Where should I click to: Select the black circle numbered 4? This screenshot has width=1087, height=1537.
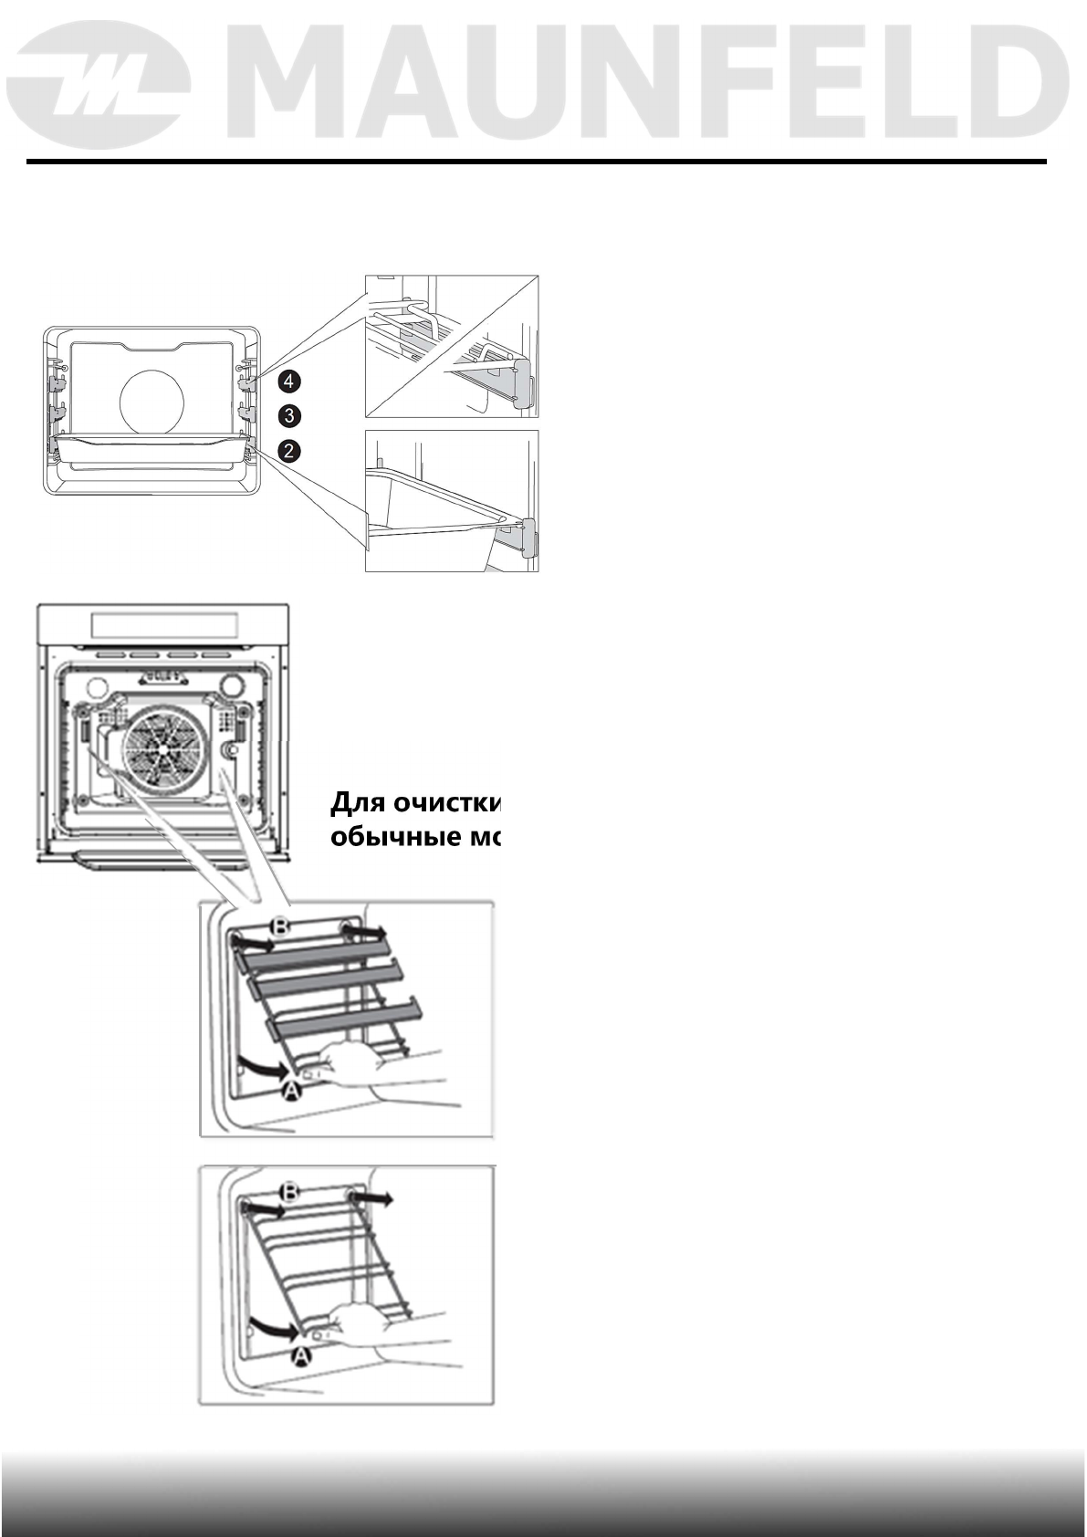[288, 381]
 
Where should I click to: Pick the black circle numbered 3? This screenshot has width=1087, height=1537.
[288, 415]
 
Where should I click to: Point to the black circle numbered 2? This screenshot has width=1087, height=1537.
[288, 450]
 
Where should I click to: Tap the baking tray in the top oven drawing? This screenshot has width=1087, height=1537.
[152, 452]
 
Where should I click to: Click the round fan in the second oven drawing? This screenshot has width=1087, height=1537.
[161, 746]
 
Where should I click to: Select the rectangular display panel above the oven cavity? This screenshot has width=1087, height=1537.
[164, 625]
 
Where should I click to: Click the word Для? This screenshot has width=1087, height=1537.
[357, 803]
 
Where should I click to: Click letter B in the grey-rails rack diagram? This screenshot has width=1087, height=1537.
[282, 927]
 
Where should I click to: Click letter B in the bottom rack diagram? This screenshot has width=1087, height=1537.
[289, 1192]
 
